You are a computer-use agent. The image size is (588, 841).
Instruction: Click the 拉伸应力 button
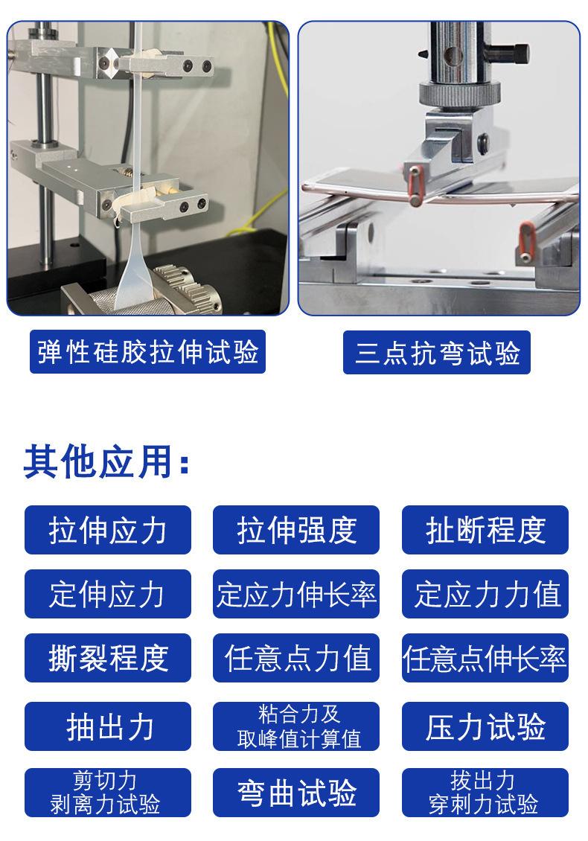coord(108,530)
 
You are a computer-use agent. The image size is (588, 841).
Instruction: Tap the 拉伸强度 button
coord(296,530)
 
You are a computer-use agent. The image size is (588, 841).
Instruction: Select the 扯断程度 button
coord(485,530)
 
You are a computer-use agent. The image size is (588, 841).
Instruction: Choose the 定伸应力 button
coord(108,594)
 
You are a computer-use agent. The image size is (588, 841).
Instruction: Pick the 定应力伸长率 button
coord(296,594)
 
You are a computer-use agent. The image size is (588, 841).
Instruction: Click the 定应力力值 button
coord(485,594)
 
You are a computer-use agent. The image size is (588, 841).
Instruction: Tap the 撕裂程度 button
coord(108,658)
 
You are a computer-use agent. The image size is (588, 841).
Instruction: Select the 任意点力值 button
coord(296,658)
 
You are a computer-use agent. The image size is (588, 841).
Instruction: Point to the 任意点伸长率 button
coord(485,658)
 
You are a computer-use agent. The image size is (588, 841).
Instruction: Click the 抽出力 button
coord(108,726)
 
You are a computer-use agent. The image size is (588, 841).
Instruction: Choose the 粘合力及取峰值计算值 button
coord(296,726)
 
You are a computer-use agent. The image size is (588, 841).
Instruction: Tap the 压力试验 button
coord(485,726)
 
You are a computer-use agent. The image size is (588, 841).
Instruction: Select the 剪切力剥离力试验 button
coord(108,792)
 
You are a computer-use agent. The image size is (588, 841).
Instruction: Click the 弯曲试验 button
coord(296,792)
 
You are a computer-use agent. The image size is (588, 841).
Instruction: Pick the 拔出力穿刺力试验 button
coord(485,792)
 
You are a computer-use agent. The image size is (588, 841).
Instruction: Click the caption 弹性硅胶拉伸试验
coord(147,352)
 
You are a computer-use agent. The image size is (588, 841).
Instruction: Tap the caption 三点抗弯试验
coord(437,352)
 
